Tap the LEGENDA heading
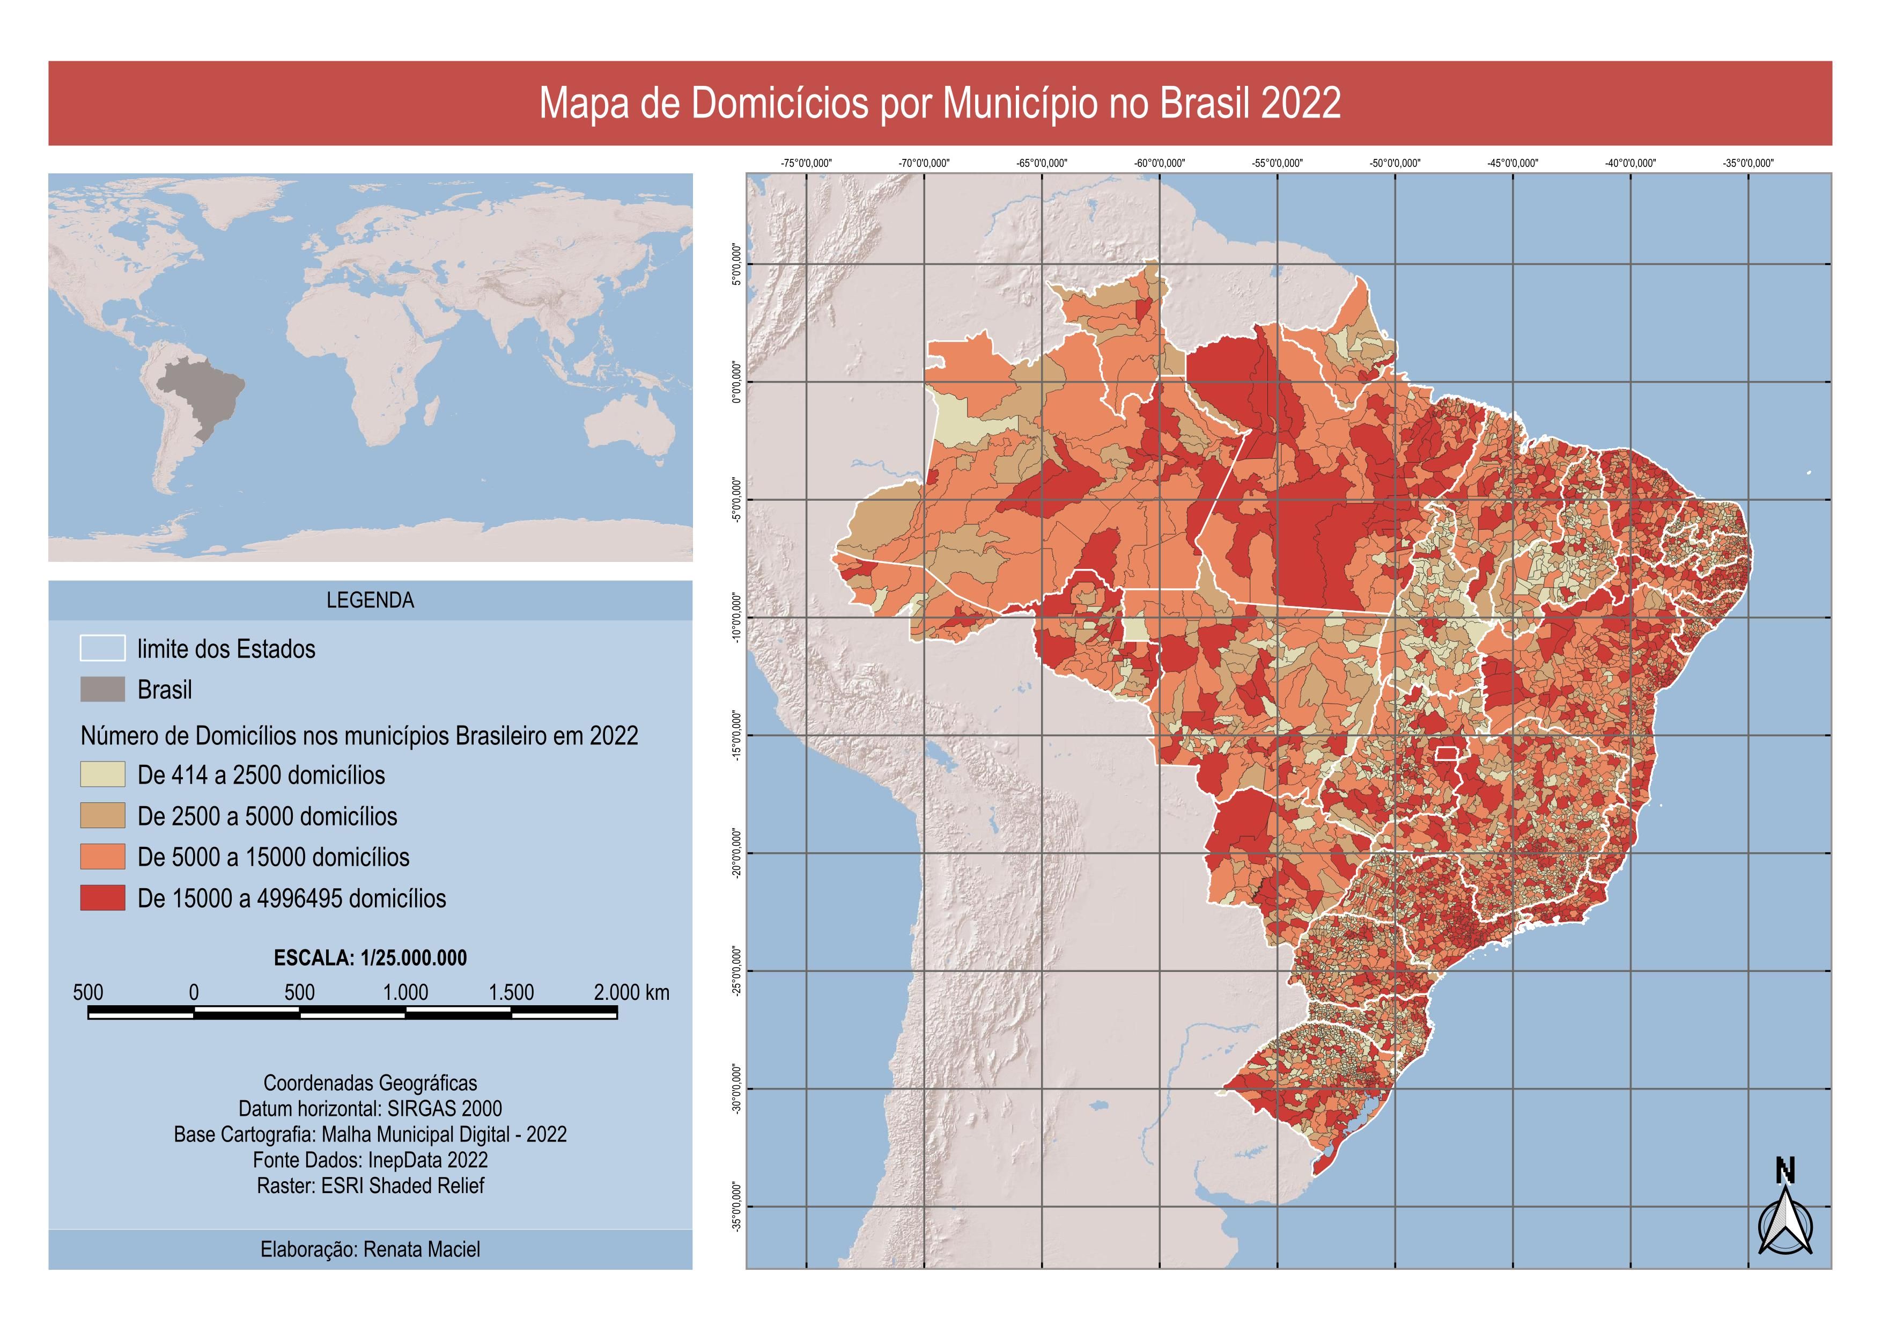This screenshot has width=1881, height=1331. click(370, 600)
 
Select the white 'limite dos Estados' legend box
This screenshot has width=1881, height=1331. click(102, 648)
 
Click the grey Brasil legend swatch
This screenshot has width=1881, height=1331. click(102, 689)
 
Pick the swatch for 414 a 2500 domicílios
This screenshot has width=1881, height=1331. click(102, 774)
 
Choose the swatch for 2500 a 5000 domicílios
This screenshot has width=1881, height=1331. click(102, 815)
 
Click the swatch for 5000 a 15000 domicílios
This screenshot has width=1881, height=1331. click(102, 857)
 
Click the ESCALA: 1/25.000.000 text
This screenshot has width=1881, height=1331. click(370, 958)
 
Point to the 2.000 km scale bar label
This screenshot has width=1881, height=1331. click(631, 992)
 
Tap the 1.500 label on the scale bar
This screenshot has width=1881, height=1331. click(511, 992)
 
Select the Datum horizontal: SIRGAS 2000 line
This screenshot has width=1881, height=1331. click(370, 1109)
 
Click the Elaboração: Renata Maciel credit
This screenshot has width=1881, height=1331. click(370, 1250)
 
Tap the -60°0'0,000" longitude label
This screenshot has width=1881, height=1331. click(1159, 163)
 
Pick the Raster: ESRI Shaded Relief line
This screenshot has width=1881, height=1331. click(370, 1186)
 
